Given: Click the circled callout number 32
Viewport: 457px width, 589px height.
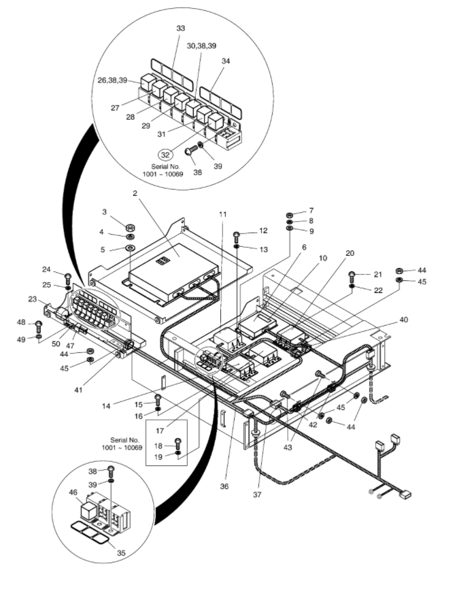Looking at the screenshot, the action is (166, 154).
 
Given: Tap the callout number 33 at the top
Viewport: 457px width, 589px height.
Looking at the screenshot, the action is (181, 28).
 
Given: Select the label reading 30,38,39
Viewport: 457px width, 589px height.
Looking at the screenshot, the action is (202, 46).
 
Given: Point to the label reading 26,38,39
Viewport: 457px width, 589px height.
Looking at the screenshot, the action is (113, 80).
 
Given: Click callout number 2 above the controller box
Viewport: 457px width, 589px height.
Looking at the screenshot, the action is (135, 193).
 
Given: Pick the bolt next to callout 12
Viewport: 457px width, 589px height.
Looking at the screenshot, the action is (237, 237).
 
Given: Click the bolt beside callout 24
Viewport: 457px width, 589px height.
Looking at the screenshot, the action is (68, 279).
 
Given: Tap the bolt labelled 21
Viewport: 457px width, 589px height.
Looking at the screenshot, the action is (352, 277).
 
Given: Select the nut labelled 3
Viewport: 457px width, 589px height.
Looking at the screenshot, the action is (131, 228).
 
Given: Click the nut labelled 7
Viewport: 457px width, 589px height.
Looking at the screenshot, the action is (290, 215).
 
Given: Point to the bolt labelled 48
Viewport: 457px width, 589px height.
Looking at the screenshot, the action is (38, 325).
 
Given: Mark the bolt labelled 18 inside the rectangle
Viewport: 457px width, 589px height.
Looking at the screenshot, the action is (178, 443).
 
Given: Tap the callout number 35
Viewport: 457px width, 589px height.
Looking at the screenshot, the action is (121, 553).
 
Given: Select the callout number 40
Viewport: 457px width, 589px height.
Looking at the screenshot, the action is (404, 320).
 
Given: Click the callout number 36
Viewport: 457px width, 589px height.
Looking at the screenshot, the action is (224, 486).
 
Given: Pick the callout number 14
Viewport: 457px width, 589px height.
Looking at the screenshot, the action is (106, 406).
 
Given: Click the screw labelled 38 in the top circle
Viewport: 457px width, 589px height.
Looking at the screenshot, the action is (191, 152).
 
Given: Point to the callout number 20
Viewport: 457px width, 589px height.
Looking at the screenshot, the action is (350, 253).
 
